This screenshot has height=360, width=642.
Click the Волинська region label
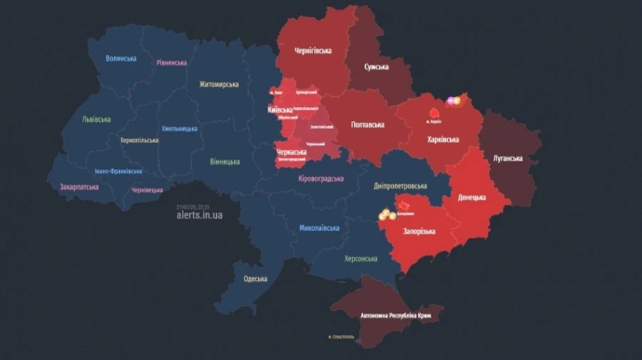[121, 58]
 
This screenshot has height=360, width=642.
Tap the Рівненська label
[171, 63]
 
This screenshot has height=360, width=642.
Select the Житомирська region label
[219, 84]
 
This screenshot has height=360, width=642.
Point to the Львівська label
[96, 119]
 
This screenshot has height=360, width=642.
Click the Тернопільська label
[139, 140]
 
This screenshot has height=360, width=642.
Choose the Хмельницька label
[180, 129]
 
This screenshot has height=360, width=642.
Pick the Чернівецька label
[147, 190]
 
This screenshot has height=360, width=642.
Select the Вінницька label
[225, 162]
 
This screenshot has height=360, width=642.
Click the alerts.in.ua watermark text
[199, 215]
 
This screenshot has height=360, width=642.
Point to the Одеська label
[255, 279]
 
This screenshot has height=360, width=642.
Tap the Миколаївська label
[319, 228]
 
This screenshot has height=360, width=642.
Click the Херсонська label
[360, 259]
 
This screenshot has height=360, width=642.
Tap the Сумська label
[376, 67]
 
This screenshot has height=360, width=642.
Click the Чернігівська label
[313, 51]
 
